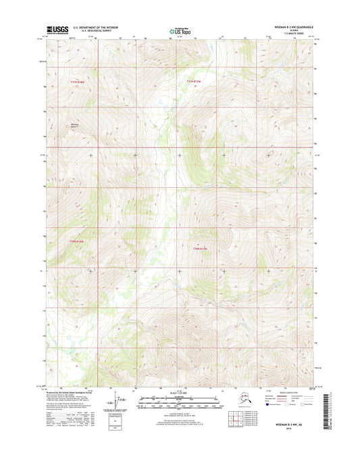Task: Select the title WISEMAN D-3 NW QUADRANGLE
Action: [x=291, y=27]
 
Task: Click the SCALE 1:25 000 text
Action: [x=180, y=395]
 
